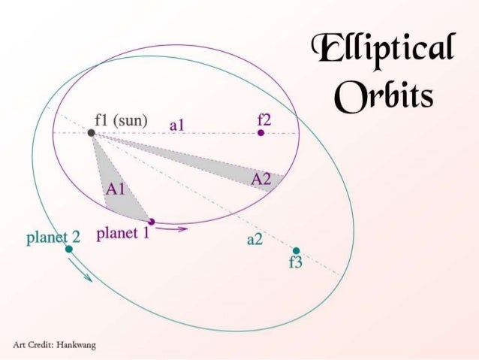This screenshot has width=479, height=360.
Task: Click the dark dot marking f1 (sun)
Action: pos(92,132)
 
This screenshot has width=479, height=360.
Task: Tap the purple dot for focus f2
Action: pos(261,132)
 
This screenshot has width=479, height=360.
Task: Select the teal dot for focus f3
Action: pos(296,250)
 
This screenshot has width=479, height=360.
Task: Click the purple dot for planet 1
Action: pos(152,221)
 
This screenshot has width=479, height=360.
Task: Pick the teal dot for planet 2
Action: pos(68,249)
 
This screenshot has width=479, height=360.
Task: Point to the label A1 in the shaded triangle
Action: pos(116,189)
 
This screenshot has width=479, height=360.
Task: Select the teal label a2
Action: pos(255,240)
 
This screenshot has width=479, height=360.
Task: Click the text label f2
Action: pos(264,118)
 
